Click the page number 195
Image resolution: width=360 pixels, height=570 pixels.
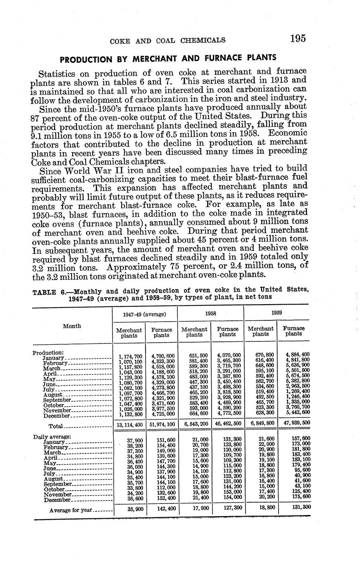coord(298,39)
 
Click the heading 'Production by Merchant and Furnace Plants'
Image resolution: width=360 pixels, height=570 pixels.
coord(168,58)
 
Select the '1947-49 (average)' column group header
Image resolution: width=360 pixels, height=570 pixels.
coord(145,314)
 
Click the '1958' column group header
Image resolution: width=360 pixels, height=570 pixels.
coord(211,314)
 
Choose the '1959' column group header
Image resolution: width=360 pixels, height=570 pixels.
coord(277,313)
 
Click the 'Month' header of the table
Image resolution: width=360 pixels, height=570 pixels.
coord(72,326)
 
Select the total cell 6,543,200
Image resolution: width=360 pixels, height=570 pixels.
coord(195,425)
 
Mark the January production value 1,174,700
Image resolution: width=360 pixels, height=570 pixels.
coord(130,356)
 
